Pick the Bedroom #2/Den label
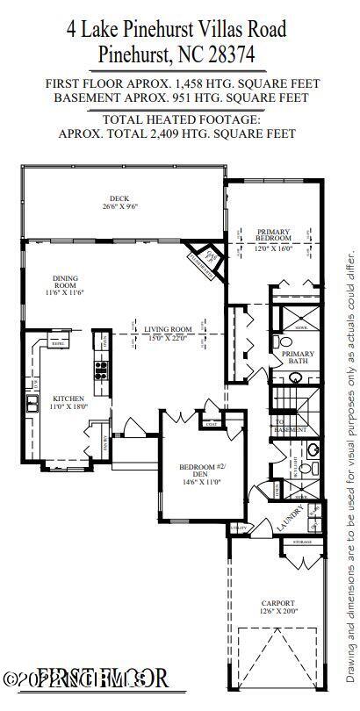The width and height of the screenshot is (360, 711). point(198,470)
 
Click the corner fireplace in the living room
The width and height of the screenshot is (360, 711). point(203,260)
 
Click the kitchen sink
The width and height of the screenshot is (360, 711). point(32,403)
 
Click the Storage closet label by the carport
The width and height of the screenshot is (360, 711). point(301,542)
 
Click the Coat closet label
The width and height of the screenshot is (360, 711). point(211,424)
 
